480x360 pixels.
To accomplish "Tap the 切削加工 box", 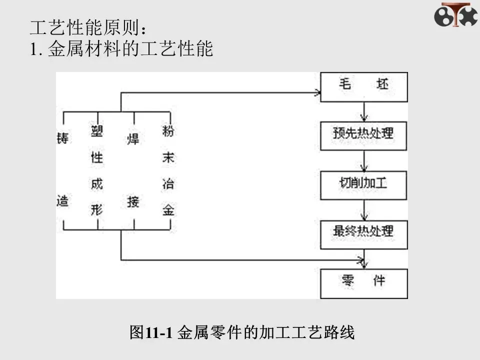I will tap(363, 184).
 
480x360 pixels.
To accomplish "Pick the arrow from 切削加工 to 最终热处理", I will tap(365, 209).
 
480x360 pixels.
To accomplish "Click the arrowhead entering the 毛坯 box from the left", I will tap(316, 92).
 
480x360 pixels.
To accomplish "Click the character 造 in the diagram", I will tap(63, 200).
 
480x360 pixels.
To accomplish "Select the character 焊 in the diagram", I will tap(132, 137).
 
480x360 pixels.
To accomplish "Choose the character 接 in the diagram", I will tap(132, 202).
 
